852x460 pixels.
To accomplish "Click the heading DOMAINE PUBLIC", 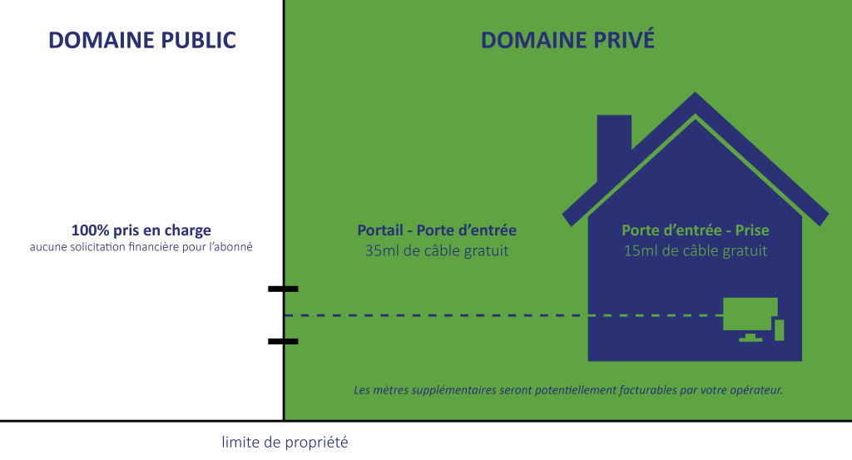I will click(142, 40).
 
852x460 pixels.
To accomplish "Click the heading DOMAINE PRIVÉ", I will click(567, 40).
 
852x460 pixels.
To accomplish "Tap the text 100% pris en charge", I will click(141, 230).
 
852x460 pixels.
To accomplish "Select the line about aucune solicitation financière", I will click(141, 247).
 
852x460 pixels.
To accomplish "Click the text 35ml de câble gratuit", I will click(437, 250).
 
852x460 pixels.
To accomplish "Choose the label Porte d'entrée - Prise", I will click(696, 230).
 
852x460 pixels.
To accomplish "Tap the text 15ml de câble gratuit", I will click(696, 250).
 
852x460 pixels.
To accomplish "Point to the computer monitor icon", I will click(750, 314).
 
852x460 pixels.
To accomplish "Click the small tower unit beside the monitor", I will click(780, 329).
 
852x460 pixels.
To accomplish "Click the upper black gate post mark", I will click(290, 289).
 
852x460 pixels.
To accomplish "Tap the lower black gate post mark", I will click(290, 341).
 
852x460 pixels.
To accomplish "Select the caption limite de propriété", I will click(285, 442).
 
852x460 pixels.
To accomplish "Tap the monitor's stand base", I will click(750, 339).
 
